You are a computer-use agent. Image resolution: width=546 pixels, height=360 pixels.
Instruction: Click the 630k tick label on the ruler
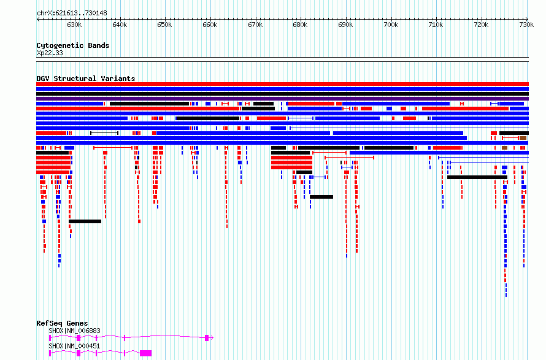click(x=74, y=25)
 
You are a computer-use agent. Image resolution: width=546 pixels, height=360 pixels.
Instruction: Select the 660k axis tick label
click(x=210, y=25)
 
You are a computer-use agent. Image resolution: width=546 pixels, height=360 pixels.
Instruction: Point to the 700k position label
click(x=391, y=25)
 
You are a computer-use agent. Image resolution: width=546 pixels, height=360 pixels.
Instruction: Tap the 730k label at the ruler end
click(x=526, y=25)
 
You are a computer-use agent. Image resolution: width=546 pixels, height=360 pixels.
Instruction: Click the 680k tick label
click(x=300, y=25)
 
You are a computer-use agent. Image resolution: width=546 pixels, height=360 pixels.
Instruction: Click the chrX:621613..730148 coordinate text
click(x=72, y=13)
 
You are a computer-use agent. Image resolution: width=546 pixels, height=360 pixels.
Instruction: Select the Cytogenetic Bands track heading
click(x=73, y=45)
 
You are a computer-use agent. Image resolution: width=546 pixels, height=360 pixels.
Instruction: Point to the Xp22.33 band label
click(x=50, y=53)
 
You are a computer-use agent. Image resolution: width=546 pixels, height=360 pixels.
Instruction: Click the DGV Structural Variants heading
click(x=86, y=79)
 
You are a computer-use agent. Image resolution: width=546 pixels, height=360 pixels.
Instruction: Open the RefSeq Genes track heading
click(x=62, y=323)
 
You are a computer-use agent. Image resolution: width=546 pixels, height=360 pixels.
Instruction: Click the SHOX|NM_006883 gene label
click(x=74, y=331)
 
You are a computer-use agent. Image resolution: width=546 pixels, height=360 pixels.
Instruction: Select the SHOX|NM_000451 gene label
click(x=74, y=346)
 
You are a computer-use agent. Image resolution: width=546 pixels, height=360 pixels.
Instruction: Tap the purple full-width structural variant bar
click(x=282, y=99)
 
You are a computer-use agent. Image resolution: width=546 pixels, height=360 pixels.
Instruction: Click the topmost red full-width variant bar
click(x=282, y=84)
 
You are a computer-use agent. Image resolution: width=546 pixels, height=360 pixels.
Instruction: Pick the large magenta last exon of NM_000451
click(x=145, y=353)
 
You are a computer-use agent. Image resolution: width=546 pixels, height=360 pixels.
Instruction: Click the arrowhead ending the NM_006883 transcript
click(x=212, y=338)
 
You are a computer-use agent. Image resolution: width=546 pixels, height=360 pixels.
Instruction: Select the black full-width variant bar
click(x=282, y=94)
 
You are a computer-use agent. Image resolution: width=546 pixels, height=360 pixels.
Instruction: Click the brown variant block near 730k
click(x=523, y=138)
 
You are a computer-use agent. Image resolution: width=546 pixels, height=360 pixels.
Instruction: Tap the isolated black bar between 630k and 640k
click(x=85, y=221)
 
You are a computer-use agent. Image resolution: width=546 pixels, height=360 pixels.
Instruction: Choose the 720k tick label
click(x=481, y=25)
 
